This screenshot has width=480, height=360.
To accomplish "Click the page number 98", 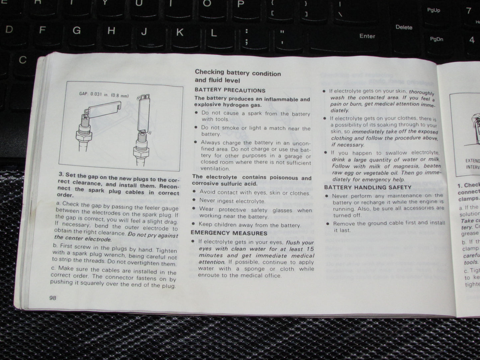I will coord(53,298).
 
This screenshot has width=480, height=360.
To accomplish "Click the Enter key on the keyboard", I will coord(367,36).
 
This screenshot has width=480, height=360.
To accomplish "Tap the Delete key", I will coord(404,27).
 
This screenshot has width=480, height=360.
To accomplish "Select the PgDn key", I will coord(436,39).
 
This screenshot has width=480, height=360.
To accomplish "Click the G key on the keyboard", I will coord(76,31).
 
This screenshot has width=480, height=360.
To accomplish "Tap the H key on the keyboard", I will coord(111,31).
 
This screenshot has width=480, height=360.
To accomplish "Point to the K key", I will coord(179,32).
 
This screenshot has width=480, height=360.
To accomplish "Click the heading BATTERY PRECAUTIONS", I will coord(230,90).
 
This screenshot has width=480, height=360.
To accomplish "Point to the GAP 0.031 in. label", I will coord(94,95).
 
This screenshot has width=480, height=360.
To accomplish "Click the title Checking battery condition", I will coord(238,73).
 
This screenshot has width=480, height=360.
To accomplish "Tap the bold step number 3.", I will coord(61,175).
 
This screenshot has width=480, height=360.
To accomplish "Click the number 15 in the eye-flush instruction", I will coord(310,249).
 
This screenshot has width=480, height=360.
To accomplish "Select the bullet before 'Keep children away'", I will coord(194,225).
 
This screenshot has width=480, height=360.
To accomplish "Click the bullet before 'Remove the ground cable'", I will coord(328,224).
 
